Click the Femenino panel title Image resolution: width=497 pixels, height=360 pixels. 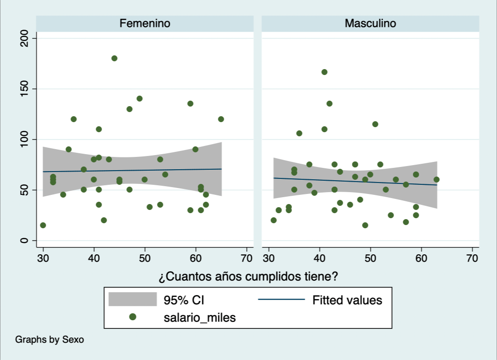[x=145, y=23]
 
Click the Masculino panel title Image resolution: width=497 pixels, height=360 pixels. [x=370, y=23]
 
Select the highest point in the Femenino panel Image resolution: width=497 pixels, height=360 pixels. [x=114, y=58]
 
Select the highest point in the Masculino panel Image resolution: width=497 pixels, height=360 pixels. [x=324, y=72]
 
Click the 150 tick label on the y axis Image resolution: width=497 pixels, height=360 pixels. [x=25, y=89]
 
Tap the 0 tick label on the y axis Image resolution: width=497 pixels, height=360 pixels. [x=25, y=241]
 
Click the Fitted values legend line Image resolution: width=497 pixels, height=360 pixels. [x=281, y=300]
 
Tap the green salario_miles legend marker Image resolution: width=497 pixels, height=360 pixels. [x=133, y=317]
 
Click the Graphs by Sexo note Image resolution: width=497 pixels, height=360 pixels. [x=49, y=340]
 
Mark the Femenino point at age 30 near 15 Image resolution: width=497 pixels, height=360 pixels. [x=43, y=225]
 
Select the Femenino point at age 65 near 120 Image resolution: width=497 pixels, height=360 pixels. [x=221, y=119]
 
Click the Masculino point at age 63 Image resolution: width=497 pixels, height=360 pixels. [x=437, y=179]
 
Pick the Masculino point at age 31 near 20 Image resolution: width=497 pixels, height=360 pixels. [x=274, y=220]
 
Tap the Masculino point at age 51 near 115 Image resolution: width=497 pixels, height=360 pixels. [x=375, y=124]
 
